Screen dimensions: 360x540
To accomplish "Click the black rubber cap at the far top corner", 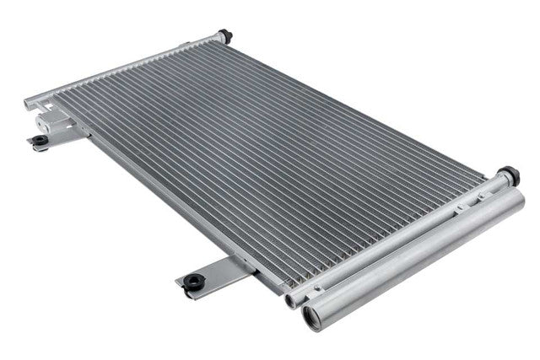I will coord(224,35).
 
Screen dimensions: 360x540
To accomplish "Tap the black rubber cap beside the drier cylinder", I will coord(508,176).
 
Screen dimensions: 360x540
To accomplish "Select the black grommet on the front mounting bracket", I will coord(194,281).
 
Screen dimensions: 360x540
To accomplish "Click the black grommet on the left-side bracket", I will coord(40,141).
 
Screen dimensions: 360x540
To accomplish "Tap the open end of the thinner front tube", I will coord(292,300).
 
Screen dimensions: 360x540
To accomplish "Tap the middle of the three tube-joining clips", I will coord(396,244).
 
